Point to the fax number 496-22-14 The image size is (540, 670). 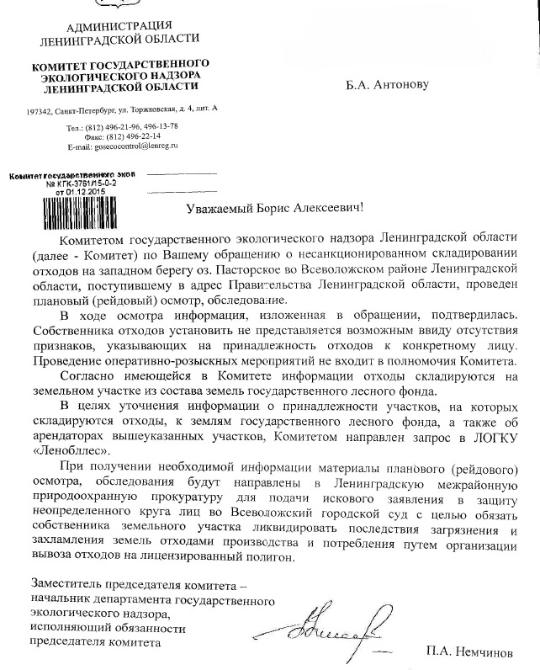tap(140, 136)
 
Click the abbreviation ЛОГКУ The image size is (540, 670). tap(490, 433)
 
